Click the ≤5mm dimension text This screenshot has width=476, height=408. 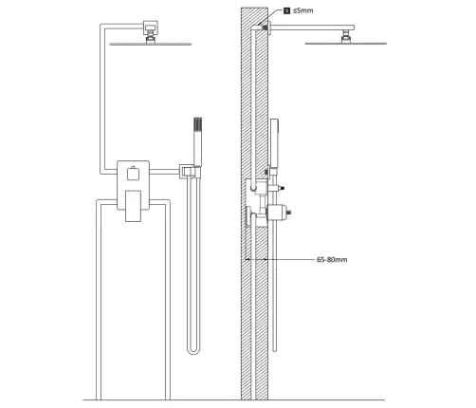click(302, 10)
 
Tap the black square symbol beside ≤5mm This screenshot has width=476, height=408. click(286, 10)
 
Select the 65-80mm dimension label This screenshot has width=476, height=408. click(332, 260)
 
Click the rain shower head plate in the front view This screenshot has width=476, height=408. click(151, 45)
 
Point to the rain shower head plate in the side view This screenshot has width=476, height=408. click(346, 44)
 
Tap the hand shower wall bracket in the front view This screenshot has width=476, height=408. click(190, 171)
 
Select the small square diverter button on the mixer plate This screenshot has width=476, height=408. click(133, 174)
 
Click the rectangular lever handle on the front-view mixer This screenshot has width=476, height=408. click(133, 206)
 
